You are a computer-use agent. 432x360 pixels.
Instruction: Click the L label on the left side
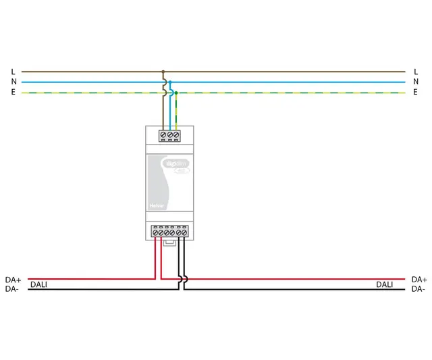pyautogui.click(x=13, y=71)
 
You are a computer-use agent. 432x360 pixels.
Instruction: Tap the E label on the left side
pyautogui.click(x=13, y=93)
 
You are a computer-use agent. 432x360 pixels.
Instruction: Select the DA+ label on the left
pyautogui.click(x=13, y=279)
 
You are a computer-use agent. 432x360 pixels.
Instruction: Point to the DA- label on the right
pyautogui.click(x=418, y=289)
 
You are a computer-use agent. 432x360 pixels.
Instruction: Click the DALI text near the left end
pyautogui.click(x=39, y=285)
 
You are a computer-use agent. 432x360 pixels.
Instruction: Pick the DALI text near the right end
pyautogui.click(x=384, y=285)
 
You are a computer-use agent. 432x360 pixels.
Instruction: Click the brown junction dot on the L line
pyautogui.click(x=163, y=71)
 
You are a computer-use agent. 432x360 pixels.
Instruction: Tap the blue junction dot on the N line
pyautogui.click(x=170, y=82)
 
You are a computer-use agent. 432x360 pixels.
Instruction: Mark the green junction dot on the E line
pyautogui.click(x=176, y=93)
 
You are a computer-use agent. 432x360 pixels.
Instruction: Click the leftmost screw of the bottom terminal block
pyautogui.click(x=156, y=232)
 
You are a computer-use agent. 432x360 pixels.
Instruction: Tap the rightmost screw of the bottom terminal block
pyautogui.click(x=184, y=232)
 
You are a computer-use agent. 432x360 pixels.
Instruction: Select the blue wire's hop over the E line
pyautogui.click(x=171, y=93)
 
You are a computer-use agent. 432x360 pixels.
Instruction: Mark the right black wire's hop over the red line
pyautogui.click(x=185, y=278)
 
